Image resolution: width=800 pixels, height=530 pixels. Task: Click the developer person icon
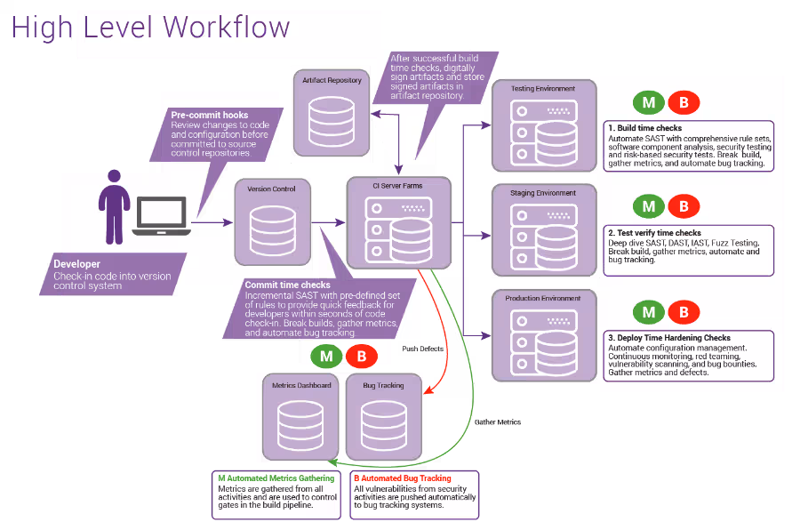[115, 207]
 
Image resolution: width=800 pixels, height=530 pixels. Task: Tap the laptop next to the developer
[161, 216]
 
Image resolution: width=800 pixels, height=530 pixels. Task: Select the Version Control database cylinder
[273, 231]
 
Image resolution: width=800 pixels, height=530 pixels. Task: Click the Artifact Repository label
[332, 80]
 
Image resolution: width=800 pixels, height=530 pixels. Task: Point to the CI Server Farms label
[397, 186]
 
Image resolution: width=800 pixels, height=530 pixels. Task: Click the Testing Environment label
[543, 88]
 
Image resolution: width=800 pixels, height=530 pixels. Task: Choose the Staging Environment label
[543, 193]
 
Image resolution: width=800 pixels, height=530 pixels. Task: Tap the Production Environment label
[543, 298]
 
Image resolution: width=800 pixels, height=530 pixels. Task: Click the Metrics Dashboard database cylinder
[300, 425]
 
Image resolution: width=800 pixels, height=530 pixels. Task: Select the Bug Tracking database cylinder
[384, 425]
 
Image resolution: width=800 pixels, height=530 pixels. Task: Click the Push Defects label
[423, 349]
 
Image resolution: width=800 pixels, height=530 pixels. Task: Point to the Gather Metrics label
[498, 422]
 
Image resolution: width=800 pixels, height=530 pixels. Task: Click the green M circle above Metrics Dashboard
[326, 356]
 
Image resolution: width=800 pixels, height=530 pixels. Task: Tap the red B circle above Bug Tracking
[362, 356]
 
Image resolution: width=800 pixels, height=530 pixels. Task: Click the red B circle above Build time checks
[684, 102]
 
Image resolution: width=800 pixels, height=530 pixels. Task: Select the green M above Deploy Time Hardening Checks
[649, 312]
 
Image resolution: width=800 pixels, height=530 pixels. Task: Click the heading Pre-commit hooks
[210, 116]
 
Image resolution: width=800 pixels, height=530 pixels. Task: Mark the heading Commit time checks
[288, 285]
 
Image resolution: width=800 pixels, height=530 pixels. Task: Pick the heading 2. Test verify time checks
[654, 233]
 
